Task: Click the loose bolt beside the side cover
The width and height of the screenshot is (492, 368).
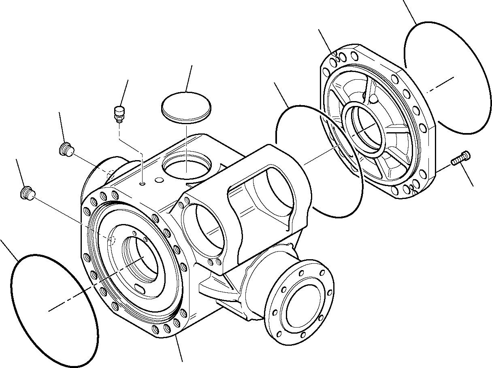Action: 460,158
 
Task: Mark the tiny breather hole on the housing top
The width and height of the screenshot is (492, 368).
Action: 142,184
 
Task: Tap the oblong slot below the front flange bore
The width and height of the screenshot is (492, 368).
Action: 139,289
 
